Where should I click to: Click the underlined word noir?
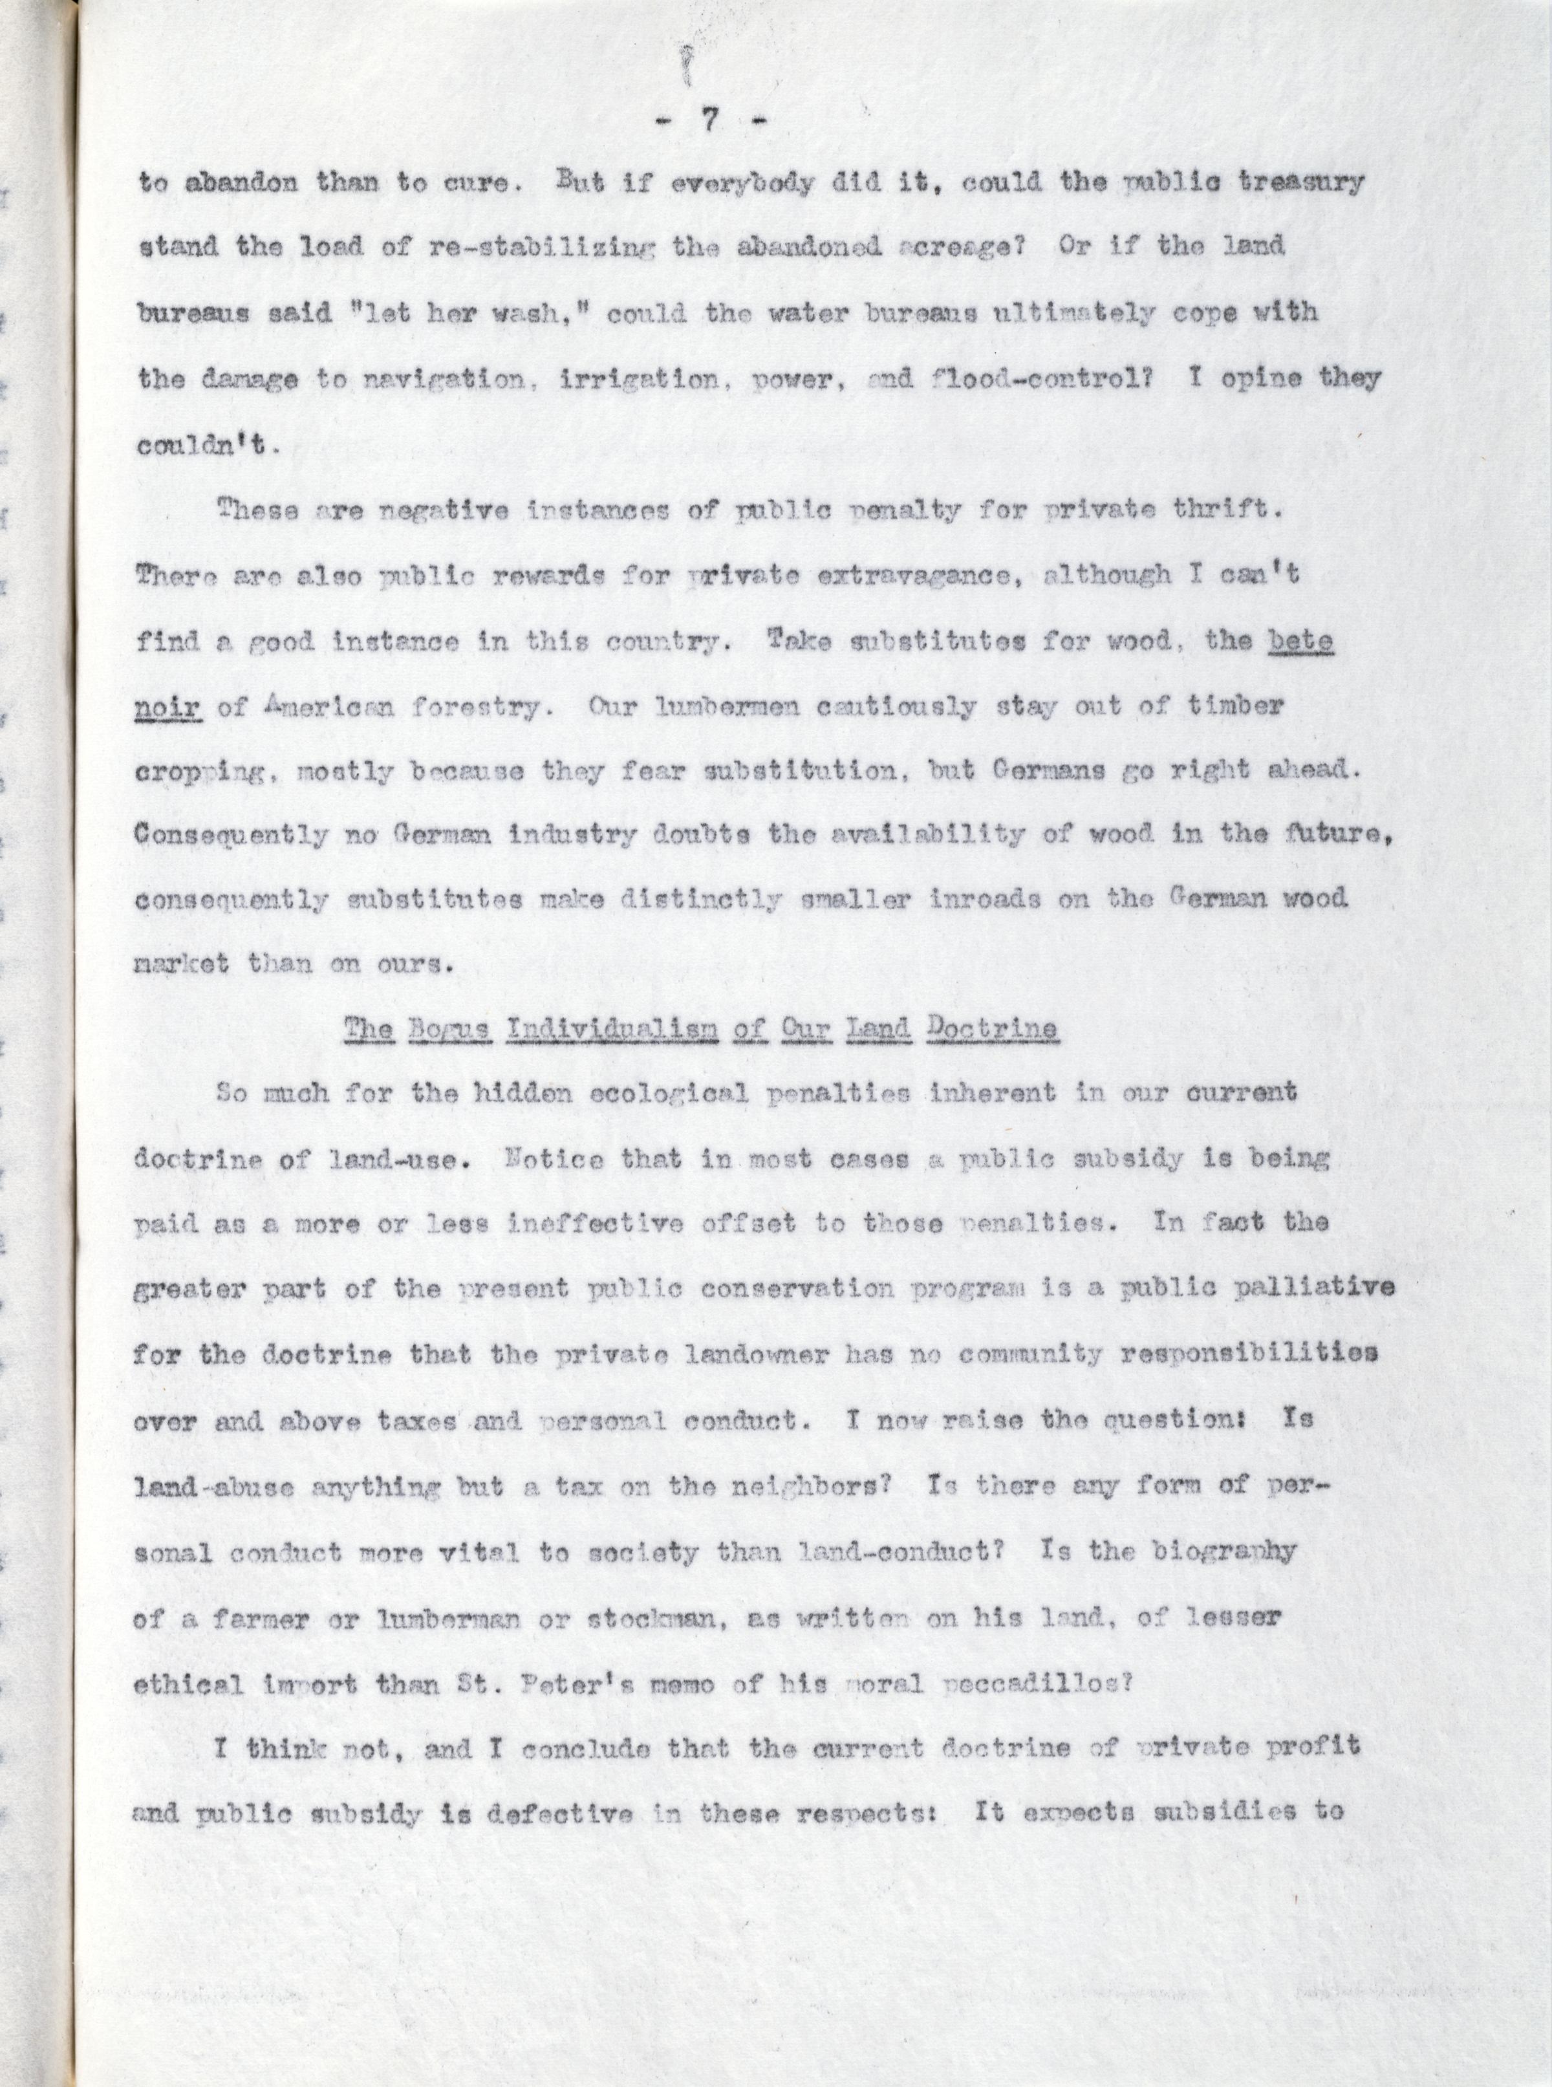point(169,707)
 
